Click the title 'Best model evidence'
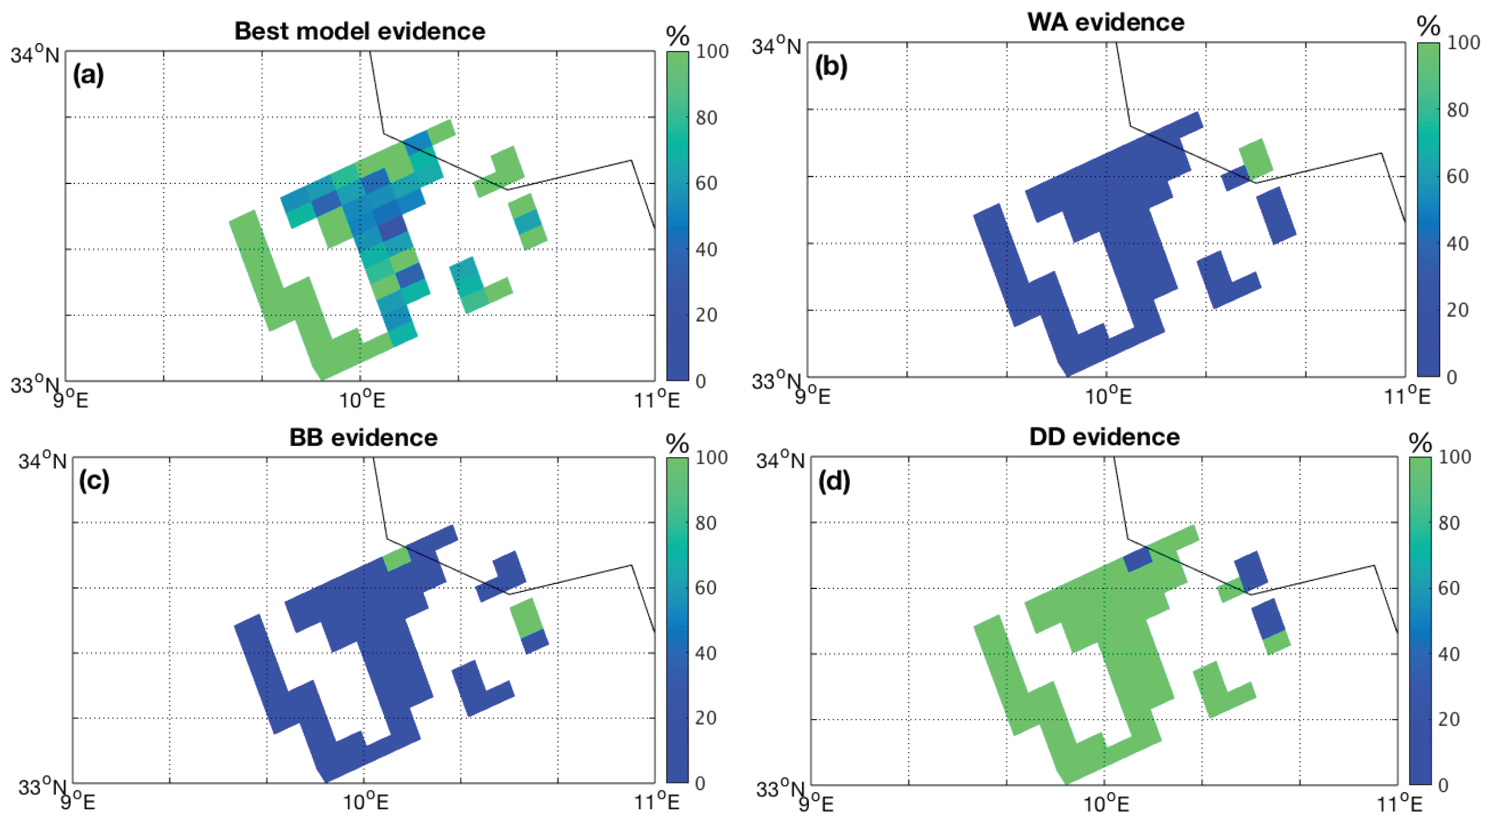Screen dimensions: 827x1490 coord(360,31)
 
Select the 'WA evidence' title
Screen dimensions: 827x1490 coord(1105,22)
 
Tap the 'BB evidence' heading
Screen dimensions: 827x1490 coord(363,437)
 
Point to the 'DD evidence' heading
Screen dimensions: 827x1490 coord(1104,437)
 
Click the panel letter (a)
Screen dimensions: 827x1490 coord(88,75)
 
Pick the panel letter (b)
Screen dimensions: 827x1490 coord(831,66)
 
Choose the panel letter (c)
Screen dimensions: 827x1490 coord(94,480)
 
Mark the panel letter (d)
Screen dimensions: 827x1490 coord(834,482)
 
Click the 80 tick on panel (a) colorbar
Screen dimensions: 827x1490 coord(706,117)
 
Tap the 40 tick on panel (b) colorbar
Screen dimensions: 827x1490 coord(1457,244)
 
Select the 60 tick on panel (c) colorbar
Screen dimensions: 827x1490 coord(706,588)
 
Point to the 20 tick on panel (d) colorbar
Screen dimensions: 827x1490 coord(1448,719)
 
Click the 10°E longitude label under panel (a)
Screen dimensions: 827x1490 coord(362,399)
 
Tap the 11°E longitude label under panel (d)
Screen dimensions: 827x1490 coord(1399,803)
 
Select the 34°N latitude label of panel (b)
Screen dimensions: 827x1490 coord(776,45)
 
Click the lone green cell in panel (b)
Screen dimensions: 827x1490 coord(1256,158)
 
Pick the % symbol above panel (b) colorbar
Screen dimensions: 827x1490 coord(1428,26)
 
